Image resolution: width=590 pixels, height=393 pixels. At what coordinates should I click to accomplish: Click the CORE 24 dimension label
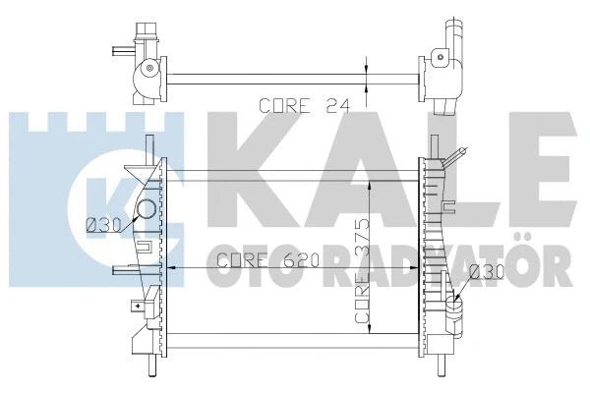coord(305,106)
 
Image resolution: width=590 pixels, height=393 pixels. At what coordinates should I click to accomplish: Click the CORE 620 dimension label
coord(268,259)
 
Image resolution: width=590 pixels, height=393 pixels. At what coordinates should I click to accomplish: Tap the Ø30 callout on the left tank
coord(103,225)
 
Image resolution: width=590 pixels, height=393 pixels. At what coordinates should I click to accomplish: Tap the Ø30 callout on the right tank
coord(487,271)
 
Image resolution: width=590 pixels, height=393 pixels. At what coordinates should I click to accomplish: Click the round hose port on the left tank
coord(146,209)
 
